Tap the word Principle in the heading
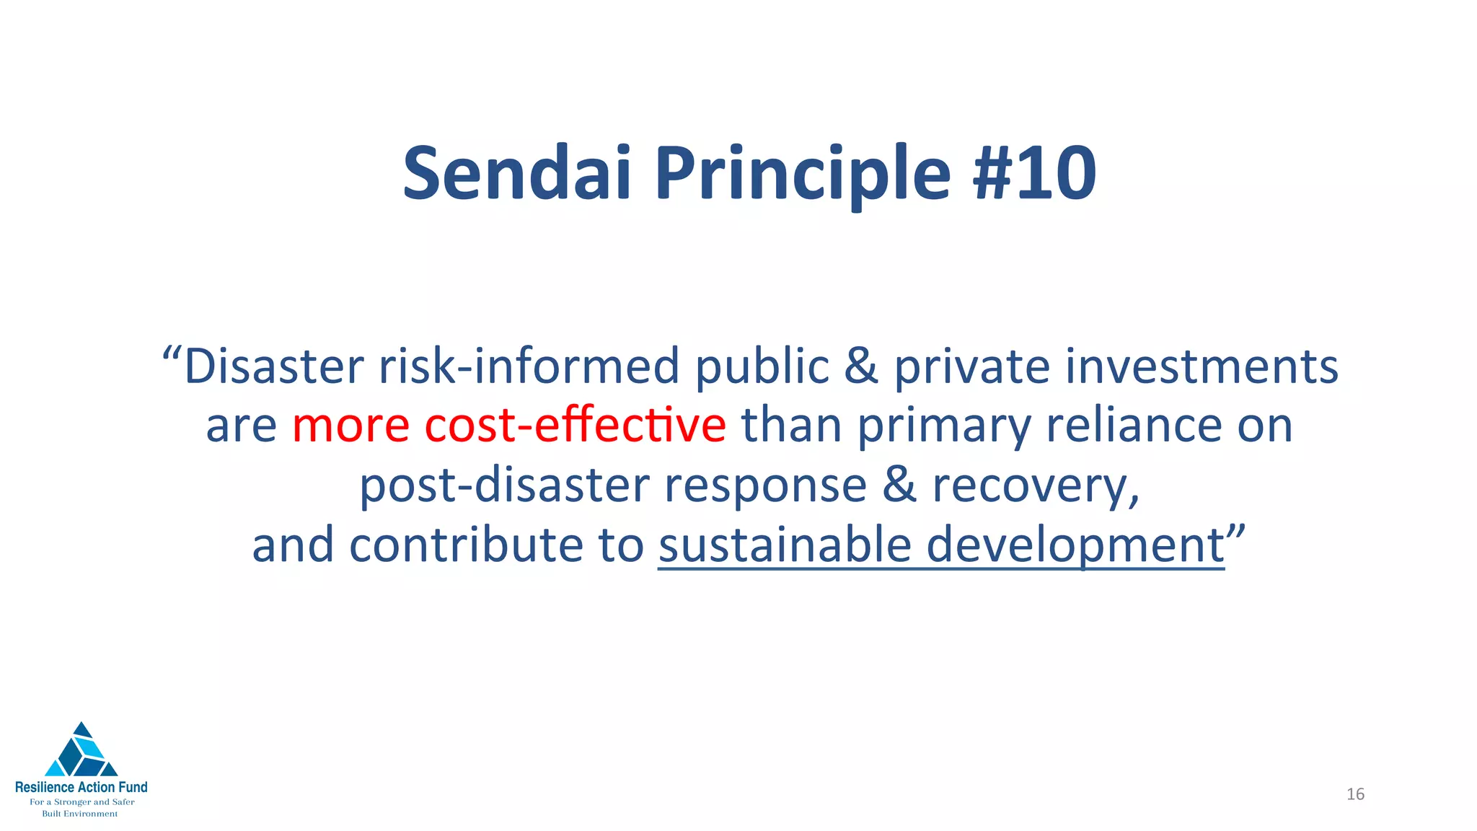pyautogui.click(x=803, y=174)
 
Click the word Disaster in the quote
pyautogui.click(x=274, y=366)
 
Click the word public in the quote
pyautogui.click(x=762, y=366)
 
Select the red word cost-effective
pyautogui.click(x=575, y=425)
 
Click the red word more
pyautogui.click(x=350, y=425)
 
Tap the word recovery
pyautogui.click(x=1035, y=485)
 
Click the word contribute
pyautogui.click(x=467, y=545)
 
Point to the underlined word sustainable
pyautogui.click(x=785, y=545)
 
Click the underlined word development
pyautogui.click(x=1075, y=545)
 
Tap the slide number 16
pyautogui.click(x=1355, y=794)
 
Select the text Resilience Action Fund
pyautogui.click(x=81, y=787)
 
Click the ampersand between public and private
pyautogui.click(x=861, y=366)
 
